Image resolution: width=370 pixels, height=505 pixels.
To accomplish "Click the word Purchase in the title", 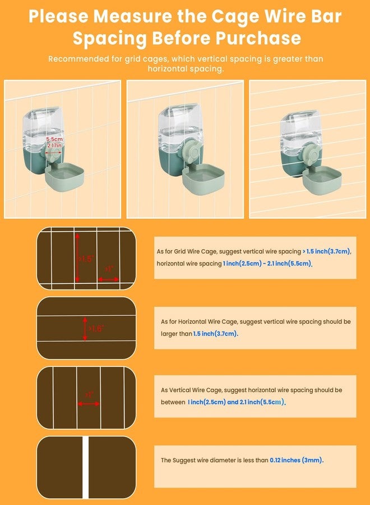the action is pyautogui.click(x=258, y=38).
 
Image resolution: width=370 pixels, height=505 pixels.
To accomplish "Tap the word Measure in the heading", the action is pyautogui.click(x=133, y=16).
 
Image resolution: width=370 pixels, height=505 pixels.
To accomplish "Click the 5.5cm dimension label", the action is pyautogui.click(x=54, y=139).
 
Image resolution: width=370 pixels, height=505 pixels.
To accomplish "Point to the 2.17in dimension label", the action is pyautogui.click(x=54, y=145).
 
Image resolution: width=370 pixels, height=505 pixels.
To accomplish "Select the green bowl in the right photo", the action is pyautogui.click(x=322, y=180).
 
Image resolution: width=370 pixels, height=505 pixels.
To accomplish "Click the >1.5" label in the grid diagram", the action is pyautogui.click(x=86, y=259).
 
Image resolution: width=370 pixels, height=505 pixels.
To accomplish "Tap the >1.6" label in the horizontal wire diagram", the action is pyautogui.click(x=95, y=328).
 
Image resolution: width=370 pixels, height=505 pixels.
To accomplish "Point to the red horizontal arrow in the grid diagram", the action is pyautogui.click(x=108, y=279).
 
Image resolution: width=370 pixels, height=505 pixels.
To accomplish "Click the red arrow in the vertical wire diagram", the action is pyautogui.click(x=89, y=403).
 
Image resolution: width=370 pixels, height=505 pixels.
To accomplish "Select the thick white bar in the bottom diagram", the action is pyautogui.click(x=86, y=467).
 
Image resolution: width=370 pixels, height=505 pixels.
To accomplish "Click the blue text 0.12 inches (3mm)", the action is pyautogui.click(x=296, y=460).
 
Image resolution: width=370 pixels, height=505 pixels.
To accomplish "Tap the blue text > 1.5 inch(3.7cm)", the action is pyautogui.click(x=327, y=251).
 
